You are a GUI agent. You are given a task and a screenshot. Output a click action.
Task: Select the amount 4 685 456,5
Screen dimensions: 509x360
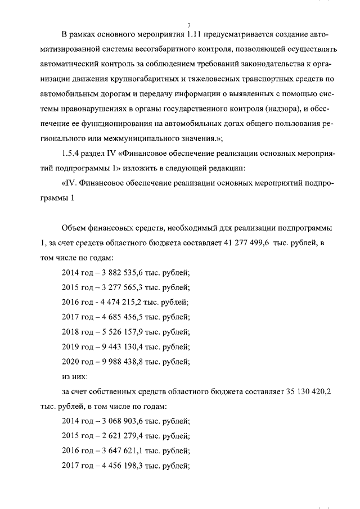point(117,317)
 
